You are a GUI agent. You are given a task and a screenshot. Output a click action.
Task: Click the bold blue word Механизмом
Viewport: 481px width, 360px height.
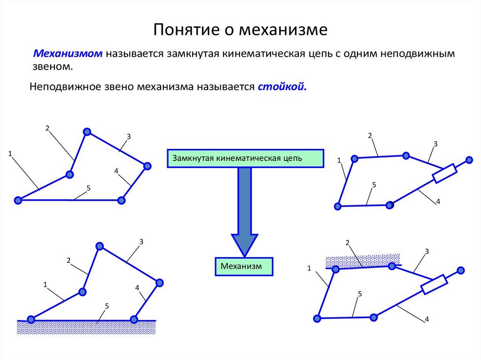coord(68,54)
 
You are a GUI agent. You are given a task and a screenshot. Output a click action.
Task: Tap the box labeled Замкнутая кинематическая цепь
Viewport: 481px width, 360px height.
coord(246,159)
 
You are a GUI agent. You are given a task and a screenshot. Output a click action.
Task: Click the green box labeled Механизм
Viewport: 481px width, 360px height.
coord(244,266)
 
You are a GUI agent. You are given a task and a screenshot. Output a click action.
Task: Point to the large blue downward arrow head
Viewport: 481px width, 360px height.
coord(244,244)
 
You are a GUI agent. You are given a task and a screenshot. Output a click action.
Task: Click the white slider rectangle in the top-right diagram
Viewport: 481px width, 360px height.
coord(444,173)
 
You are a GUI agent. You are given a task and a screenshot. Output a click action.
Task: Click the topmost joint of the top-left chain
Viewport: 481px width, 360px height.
coord(86,132)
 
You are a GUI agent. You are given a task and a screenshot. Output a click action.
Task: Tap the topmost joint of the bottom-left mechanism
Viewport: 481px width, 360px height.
coord(99,246)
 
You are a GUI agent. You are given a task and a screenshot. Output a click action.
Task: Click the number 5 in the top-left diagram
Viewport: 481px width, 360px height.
coord(88,188)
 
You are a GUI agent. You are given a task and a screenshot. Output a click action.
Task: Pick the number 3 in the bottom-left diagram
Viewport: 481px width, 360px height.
coord(141,242)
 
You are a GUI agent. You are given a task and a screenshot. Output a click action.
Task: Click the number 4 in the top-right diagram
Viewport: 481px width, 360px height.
coord(438,201)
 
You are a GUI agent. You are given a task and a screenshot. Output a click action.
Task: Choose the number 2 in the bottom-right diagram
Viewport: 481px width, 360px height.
coord(348,243)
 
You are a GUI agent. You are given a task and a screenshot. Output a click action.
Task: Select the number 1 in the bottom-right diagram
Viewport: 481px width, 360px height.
coord(310,268)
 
